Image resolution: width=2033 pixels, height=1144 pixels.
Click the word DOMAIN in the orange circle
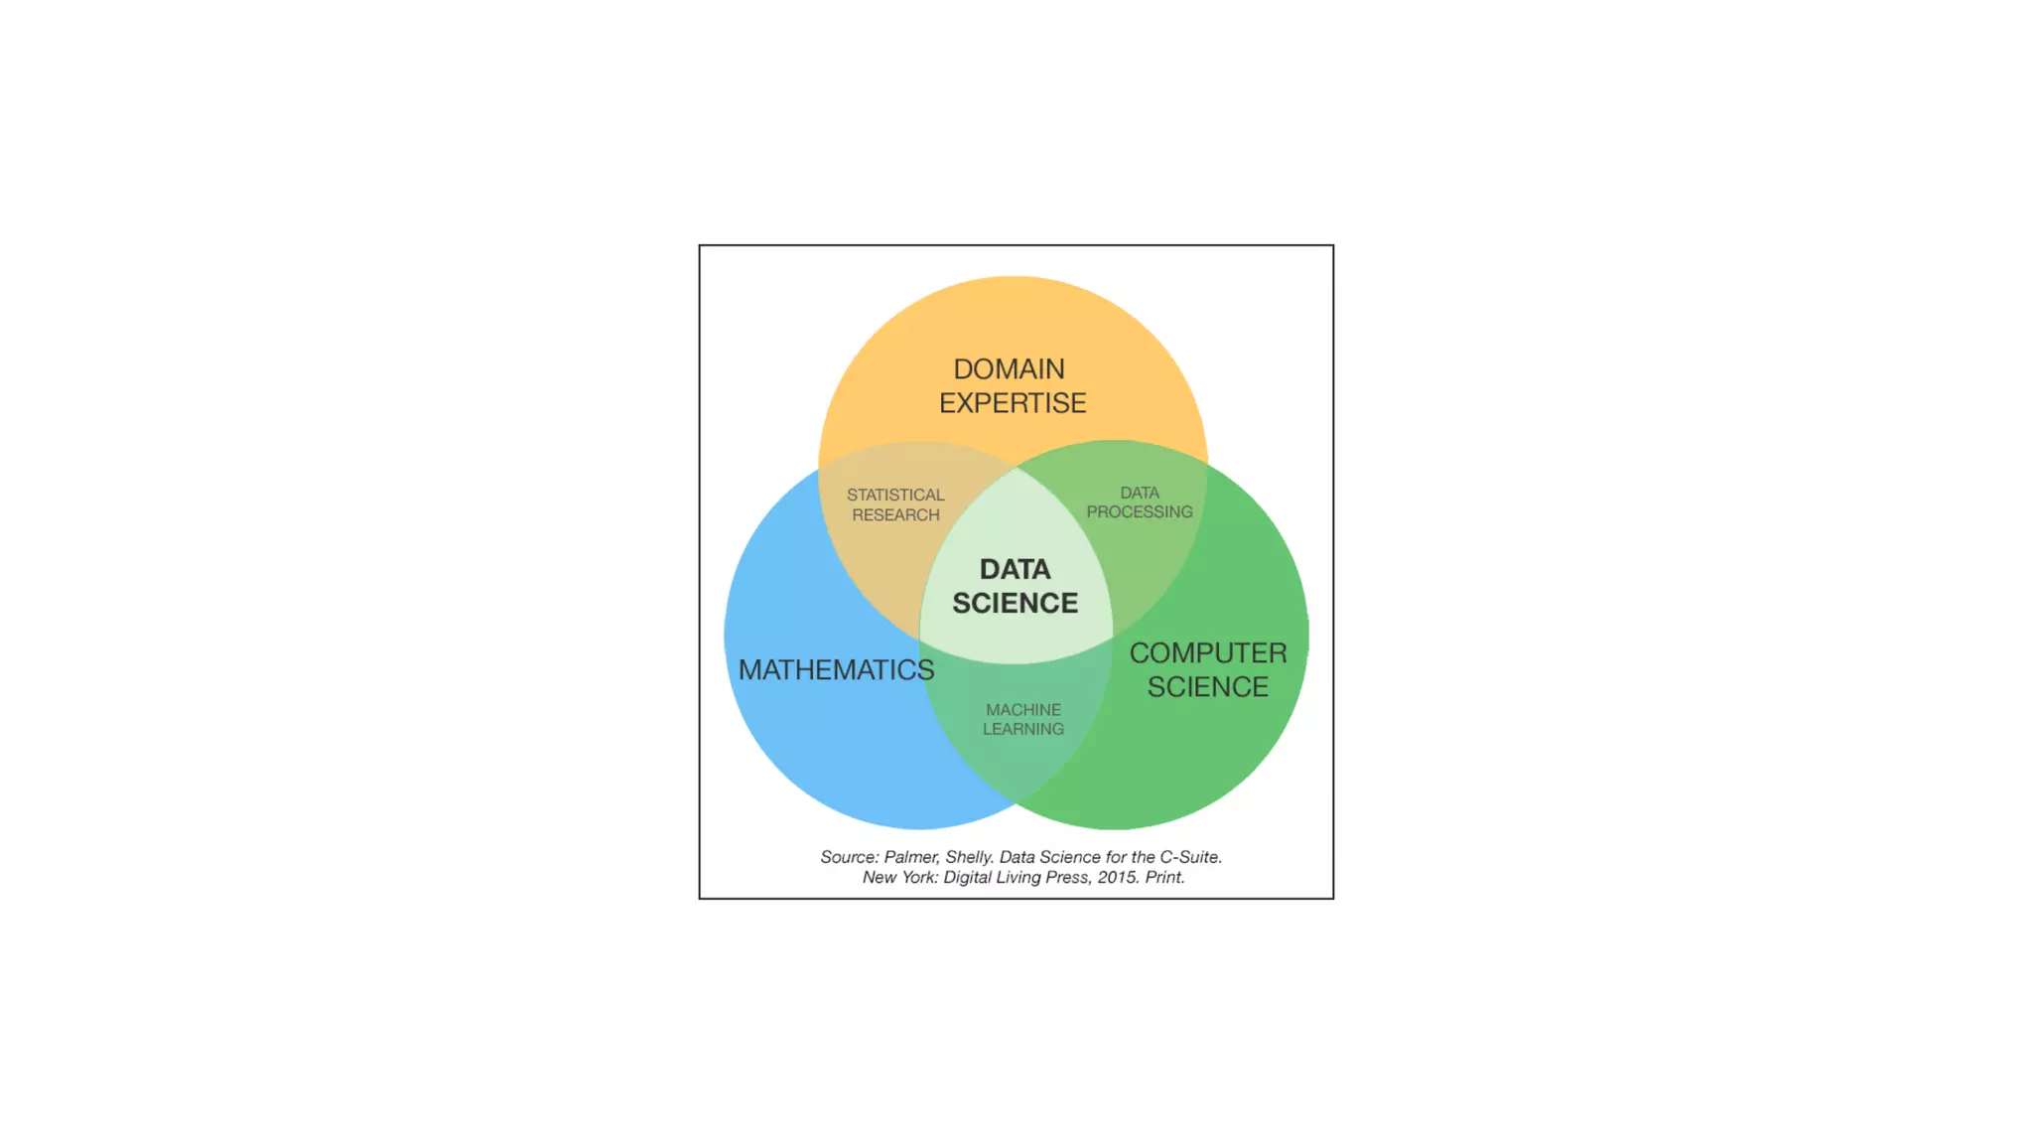click(1009, 369)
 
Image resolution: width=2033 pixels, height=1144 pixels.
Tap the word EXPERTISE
click(1013, 403)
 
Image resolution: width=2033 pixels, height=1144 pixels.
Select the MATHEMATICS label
click(836, 670)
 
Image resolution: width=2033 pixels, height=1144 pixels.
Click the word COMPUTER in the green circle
click(1208, 653)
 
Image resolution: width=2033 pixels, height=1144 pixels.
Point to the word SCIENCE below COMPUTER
click(1208, 687)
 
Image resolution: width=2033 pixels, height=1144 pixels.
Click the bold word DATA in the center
click(1015, 569)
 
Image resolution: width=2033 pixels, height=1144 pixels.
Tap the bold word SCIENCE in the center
click(1015, 603)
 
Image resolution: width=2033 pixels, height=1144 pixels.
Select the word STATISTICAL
click(895, 495)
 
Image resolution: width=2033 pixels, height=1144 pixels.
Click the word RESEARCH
click(895, 514)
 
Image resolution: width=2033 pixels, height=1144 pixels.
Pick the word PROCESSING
click(1140, 511)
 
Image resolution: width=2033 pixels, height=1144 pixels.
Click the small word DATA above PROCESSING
click(1140, 493)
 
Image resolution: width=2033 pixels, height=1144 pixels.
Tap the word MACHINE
click(1023, 710)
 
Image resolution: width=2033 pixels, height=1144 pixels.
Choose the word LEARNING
click(1023, 729)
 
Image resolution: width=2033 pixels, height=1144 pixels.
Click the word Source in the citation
click(849, 857)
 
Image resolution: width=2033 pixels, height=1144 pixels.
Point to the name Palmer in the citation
click(911, 857)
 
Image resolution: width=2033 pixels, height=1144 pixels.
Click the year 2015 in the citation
click(1118, 877)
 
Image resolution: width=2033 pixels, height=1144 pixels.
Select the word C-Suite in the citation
click(1190, 857)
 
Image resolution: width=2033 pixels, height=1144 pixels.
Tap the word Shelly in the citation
click(969, 857)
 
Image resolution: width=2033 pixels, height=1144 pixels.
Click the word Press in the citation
click(1066, 877)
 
